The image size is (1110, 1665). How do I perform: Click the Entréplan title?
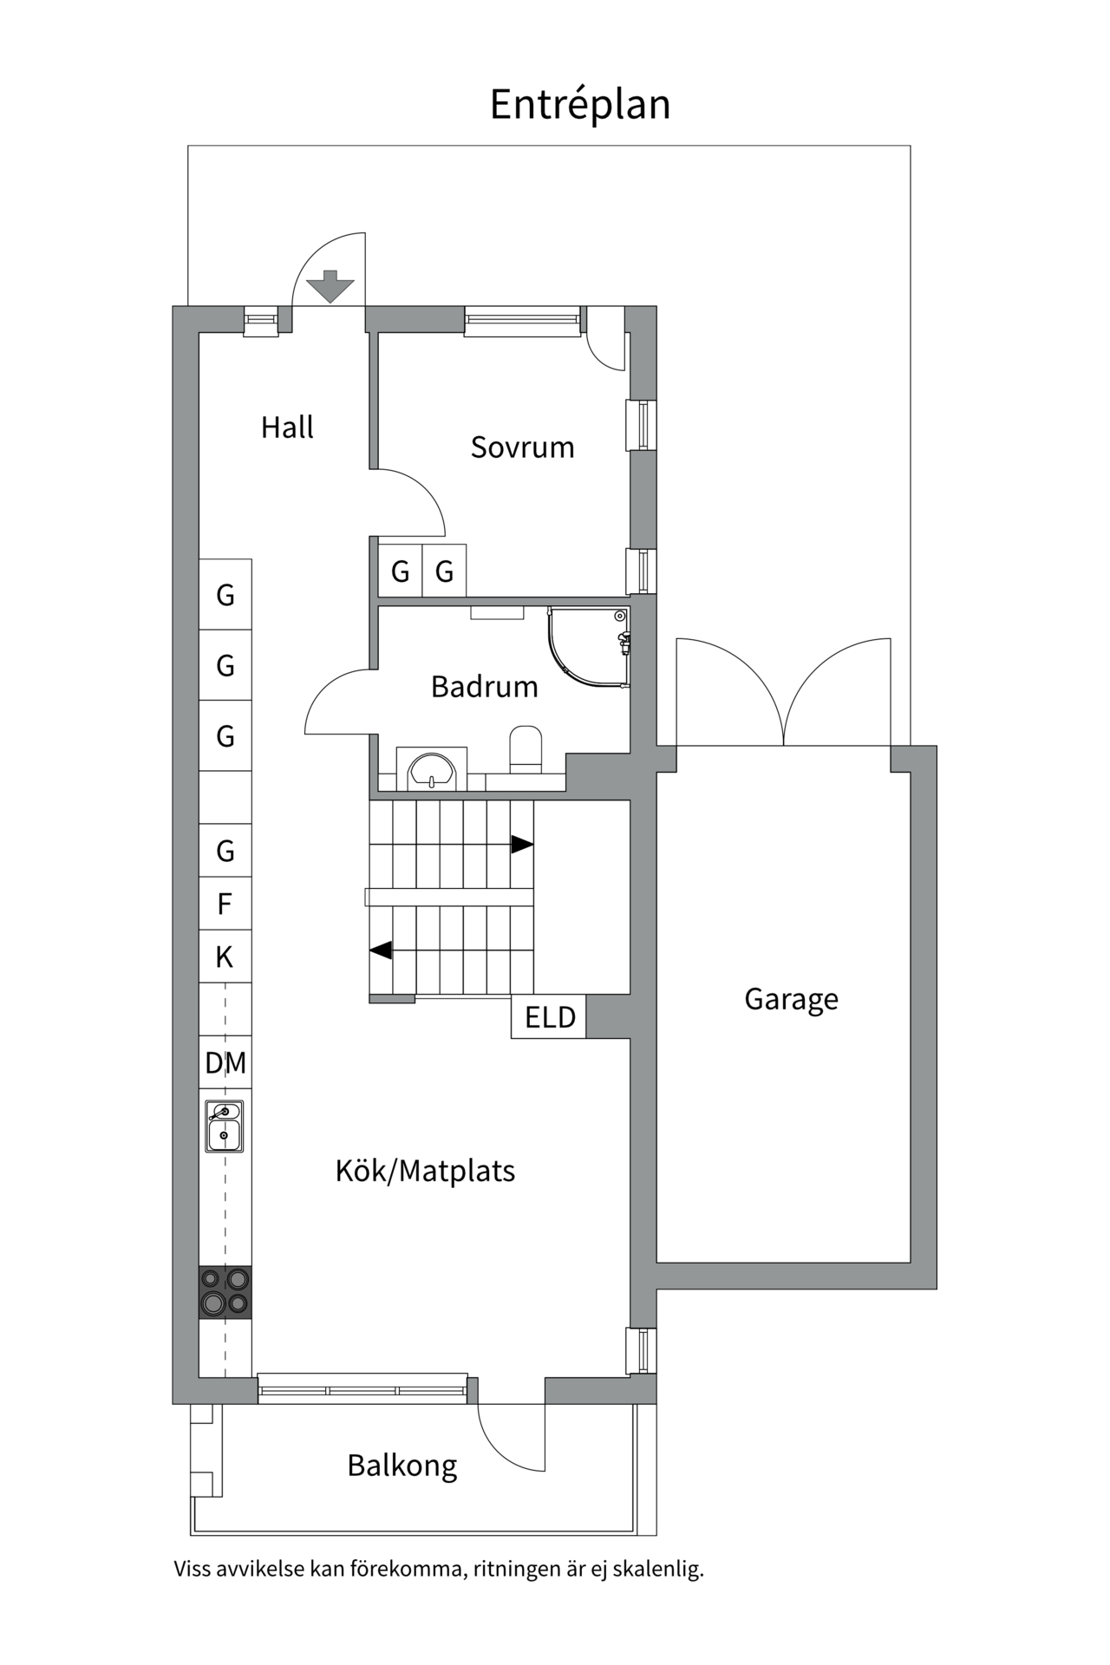point(579,105)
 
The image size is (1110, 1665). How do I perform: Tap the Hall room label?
point(287,428)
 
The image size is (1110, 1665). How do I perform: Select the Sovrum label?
point(522,447)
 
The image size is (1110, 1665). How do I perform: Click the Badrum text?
point(484,687)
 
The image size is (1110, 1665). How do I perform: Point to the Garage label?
point(791,999)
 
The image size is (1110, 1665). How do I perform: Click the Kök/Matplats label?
point(425,1172)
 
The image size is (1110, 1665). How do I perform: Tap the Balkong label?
point(402,1466)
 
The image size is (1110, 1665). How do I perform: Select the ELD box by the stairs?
point(549,1017)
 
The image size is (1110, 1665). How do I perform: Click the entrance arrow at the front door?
point(330,286)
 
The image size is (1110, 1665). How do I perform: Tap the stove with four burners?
point(225,1292)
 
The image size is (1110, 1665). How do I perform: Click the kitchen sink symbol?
point(225,1126)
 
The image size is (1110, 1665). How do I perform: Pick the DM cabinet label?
point(225,1062)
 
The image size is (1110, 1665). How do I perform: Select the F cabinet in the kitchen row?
point(225,904)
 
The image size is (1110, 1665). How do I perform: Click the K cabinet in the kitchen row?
point(225,957)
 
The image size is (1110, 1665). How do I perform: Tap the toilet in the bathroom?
point(526,748)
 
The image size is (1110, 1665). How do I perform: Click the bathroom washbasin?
point(432,770)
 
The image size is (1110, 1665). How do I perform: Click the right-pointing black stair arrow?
point(521,844)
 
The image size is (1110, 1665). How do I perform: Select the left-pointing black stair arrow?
point(382,950)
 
